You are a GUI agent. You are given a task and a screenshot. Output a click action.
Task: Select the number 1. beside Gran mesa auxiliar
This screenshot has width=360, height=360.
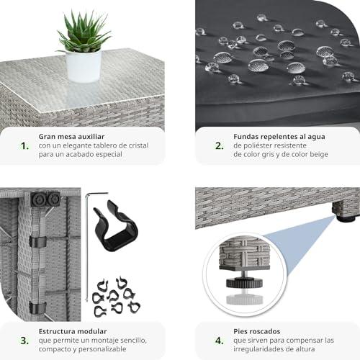click(25, 145)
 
